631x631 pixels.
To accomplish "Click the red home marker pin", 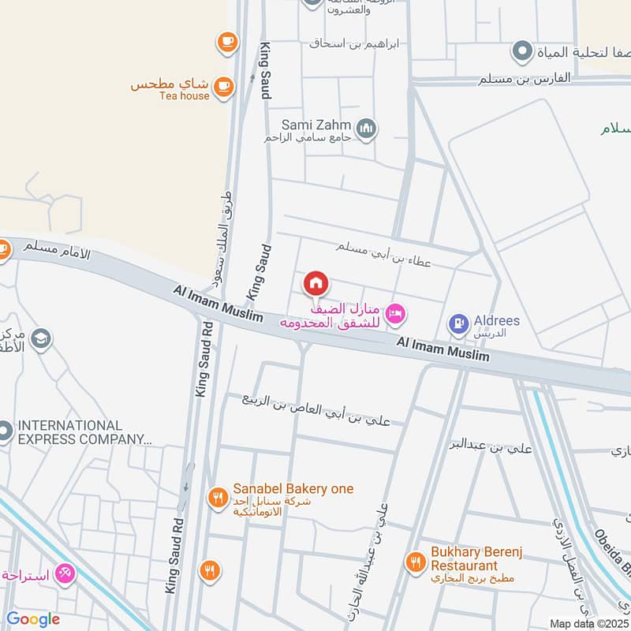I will (x=316, y=283).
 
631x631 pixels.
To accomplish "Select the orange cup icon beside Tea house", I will (x=223, y=85).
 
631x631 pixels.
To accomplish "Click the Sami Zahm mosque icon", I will (x=366, y=128).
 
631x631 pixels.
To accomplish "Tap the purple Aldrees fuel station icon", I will (x=458, y=323).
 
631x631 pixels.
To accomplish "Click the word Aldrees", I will (x=497, y=320).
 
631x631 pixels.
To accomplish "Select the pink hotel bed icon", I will (x=397, y=315).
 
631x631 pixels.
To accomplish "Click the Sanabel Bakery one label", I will (x=293, y=489).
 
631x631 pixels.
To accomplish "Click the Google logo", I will (x=32, y=619).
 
